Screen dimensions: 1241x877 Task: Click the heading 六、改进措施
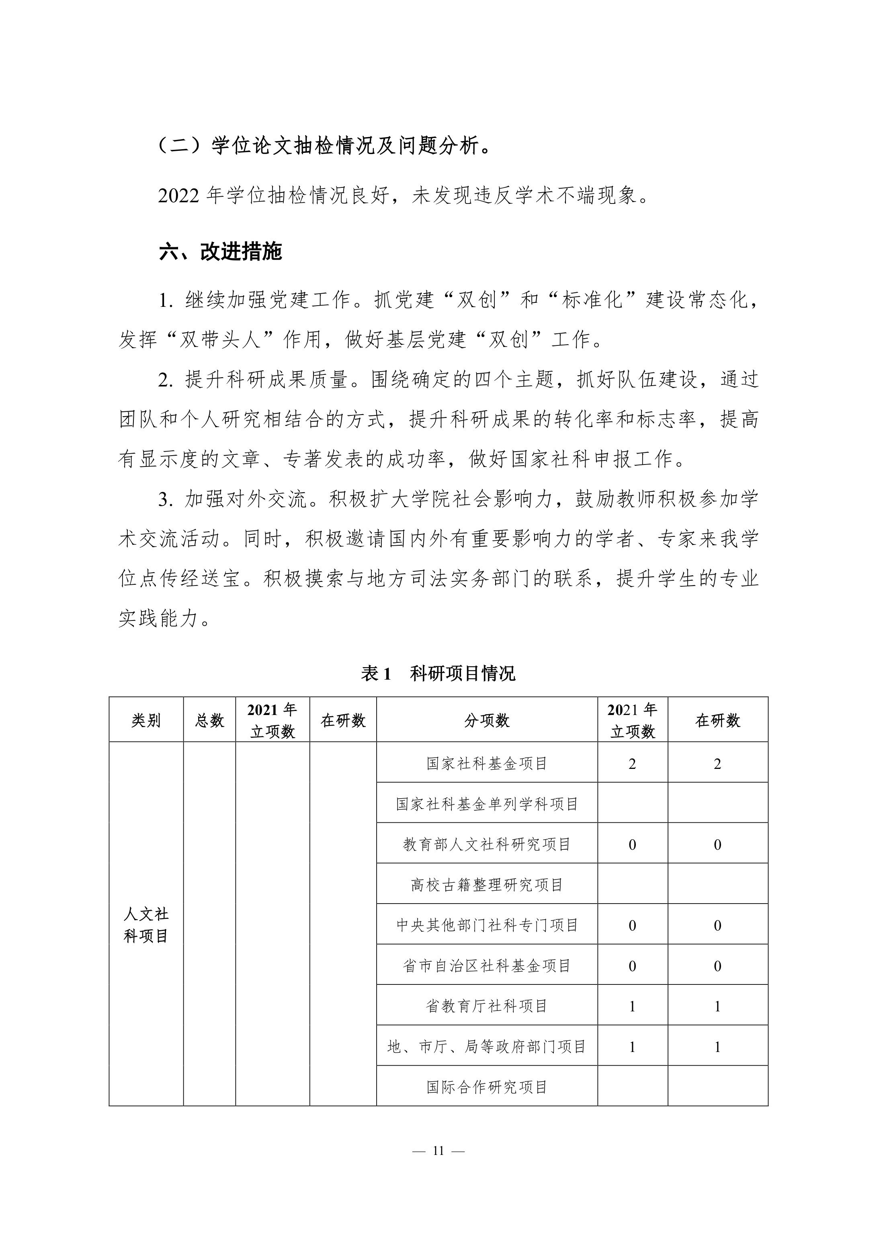click(x=221, y=251)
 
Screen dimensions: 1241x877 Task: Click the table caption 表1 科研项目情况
click(x=438, y=674)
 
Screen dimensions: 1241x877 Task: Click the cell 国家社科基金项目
click(x=487, y=763)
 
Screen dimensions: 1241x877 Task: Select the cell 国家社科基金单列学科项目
click(x=487, y=804)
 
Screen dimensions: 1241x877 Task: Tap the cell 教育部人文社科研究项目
click(x=487, y=844)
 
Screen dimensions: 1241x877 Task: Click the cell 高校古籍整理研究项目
click(x=487, y=885)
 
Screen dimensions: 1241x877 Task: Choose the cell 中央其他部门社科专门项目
click(x=487, y=925)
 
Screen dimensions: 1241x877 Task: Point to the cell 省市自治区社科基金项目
click(x=487, y=966)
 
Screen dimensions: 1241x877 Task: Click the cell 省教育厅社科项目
click(x=487, y=1006)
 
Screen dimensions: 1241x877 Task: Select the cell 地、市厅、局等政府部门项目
click(x=487, y=1047)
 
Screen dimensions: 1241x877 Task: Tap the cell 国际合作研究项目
click(x=487, y=1087)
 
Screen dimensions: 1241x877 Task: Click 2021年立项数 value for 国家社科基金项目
click(x=632, y=764)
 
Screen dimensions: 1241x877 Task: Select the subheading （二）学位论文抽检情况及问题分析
click(x=324, y=146)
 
